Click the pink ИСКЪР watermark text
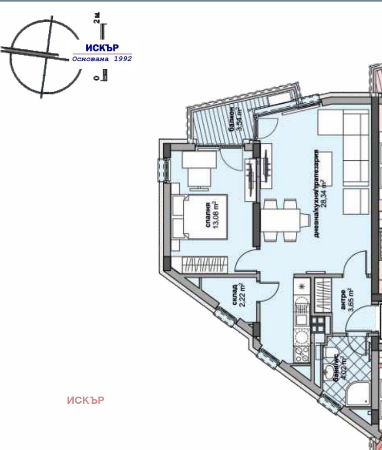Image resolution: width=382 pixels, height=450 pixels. point(86,400)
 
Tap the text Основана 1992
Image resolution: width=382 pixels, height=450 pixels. point(102,59)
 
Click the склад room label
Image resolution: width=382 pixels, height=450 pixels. point(235,297)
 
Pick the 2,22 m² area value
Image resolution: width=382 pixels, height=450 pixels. point(243,297)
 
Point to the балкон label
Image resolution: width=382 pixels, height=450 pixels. point(232,120)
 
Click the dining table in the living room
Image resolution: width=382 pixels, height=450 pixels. point(279,220)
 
